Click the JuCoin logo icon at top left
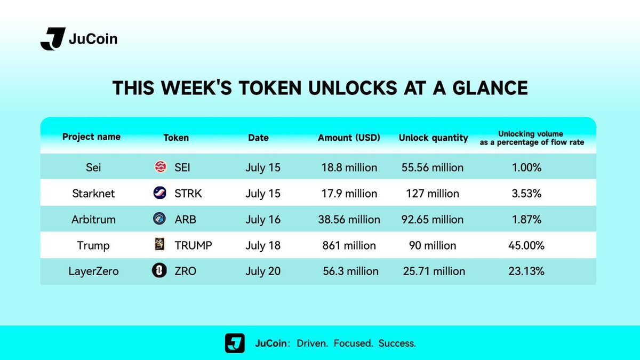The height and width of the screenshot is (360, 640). click(x=53, y=39)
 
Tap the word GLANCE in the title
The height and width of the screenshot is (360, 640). click(x=490, y=88)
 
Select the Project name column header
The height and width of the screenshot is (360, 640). click(x=91, y=137)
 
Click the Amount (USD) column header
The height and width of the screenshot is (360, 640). click(x=349, y=138)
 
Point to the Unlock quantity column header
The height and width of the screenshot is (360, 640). click(x=434, y=138)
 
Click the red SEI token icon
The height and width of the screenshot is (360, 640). click(x=161, y=166)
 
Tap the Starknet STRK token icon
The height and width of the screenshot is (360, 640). click(x=159, y=193)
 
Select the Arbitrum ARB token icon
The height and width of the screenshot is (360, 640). click(x=159, y=219)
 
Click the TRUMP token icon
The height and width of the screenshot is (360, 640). click(x=159, y=244)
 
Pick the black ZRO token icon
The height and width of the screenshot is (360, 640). click(x=159, y=270)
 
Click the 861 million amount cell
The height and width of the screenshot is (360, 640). click(x=349, y=245)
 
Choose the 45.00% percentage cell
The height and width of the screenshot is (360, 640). click(x=526, y=245)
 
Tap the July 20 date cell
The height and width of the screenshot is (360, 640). click(x=263, y=271)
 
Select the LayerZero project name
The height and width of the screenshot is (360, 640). click(x=93, y=271)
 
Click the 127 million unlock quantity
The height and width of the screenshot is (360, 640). click(x=433, y=194)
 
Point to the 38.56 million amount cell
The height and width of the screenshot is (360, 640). click(x=349, y=220)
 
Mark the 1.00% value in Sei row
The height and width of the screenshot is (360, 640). click(x=526, y=167)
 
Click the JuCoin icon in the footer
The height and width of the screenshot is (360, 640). click(x=235, y=343)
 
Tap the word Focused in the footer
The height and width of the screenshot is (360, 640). click(x=353, y=343)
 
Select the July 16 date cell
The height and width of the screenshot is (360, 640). click(x=263, y=220)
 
